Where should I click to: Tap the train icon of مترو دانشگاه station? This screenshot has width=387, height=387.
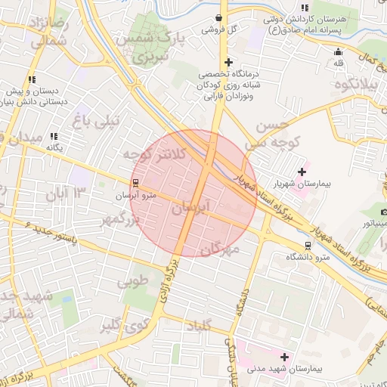pos(308,246)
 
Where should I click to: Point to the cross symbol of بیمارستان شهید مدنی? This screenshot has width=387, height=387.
pos(284,357)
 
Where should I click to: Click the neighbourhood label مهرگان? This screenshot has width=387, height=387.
pos(222,247)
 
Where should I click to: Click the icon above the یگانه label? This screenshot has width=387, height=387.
pos(54,136)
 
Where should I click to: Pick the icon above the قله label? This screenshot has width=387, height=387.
pos(338,52)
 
